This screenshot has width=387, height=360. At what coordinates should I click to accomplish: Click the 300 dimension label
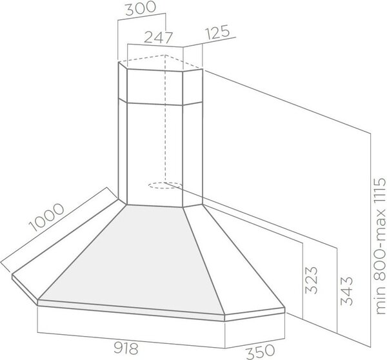click(x=141, y=8)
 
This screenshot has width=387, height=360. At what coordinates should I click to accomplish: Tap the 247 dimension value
click(x=158, y=38)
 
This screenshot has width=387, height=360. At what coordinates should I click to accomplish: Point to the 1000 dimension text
click(x=46, y=217)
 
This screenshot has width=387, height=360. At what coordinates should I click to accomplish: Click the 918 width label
click(x=126, y=349)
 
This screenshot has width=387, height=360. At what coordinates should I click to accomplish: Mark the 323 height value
click(x=312, y=280)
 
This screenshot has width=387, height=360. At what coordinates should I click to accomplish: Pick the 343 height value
click(x=346, y=291)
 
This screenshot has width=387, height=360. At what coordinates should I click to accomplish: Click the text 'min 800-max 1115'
click(x=380, y=246)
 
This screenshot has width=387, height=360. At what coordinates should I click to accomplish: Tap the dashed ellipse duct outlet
click(x=165, y=185)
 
